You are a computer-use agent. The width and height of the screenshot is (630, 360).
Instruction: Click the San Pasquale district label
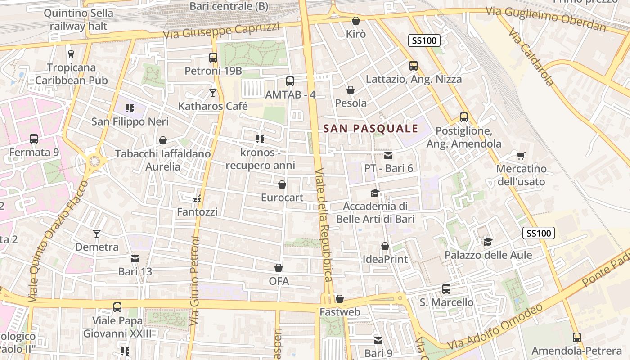click(x=371, y=129)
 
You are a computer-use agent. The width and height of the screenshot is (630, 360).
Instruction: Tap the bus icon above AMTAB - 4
click(x=290, y=81)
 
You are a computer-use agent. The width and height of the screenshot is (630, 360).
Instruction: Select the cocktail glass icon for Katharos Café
click(x=213, y=93)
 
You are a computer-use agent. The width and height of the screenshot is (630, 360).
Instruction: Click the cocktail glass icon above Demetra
click(x=97, y=234)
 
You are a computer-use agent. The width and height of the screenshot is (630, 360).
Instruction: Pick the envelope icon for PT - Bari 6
click(x=388, y=156)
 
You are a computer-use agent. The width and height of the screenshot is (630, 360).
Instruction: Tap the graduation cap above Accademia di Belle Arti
click(x=375, y=193)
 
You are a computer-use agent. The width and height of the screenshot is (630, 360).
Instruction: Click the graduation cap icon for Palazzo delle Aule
click(x=488, y=242)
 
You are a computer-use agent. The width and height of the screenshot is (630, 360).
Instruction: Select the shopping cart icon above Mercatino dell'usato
click(x=521, y=156)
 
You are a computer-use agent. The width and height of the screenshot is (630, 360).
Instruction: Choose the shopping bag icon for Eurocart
click(x=282, y=184)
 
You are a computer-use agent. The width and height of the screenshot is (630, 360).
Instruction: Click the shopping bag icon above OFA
click(x=279, y=268)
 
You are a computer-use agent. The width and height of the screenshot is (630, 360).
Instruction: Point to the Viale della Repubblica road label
click(x=324, y=225)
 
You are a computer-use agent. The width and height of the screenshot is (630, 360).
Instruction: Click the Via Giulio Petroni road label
click(x=194, y=281)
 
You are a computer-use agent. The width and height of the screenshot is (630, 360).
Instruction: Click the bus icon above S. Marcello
click(x=446, y=289)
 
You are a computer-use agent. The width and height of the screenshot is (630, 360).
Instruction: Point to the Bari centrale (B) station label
click(x=229, y=6)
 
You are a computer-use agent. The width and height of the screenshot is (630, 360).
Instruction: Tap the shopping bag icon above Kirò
click(x=356, y=21)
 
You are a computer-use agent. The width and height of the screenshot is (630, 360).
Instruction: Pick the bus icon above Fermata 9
click(x=34, y=139)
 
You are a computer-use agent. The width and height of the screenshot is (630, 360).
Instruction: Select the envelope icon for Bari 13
click(x=135, y=259)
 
